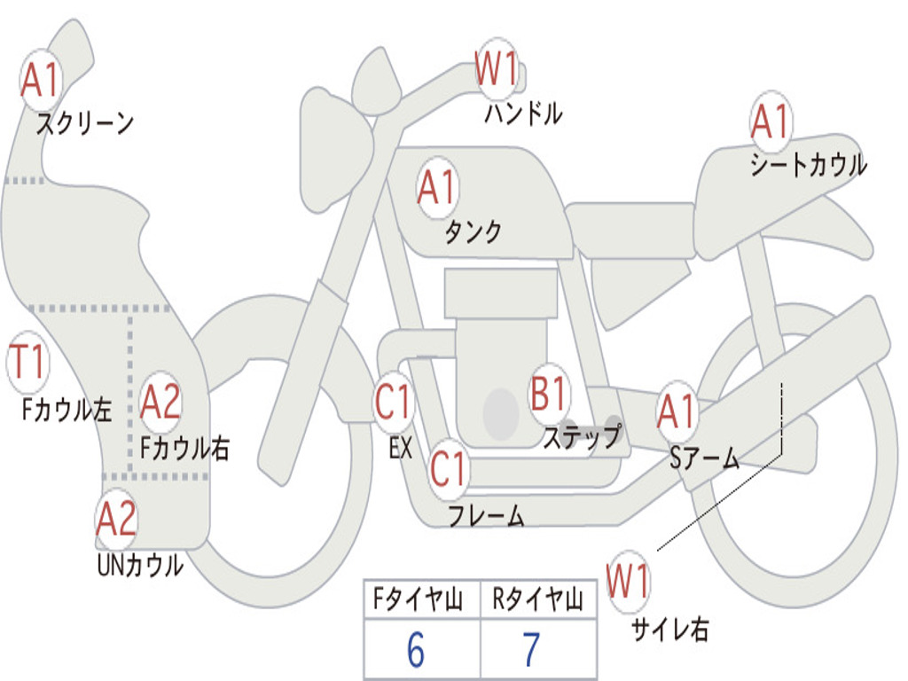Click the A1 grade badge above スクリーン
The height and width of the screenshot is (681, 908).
point(41,79)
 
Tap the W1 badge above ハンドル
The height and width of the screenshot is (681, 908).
point(497,68)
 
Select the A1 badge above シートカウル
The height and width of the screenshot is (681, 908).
point(771,121)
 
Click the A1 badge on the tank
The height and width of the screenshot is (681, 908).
point(438,187)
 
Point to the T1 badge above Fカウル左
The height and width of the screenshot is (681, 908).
point(27,362)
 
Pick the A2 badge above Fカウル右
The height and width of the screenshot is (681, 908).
point(160,402)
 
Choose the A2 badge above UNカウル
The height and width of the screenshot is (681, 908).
point(116,519)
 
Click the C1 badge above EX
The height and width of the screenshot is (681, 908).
point(393,401)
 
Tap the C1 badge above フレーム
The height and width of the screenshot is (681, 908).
point(448,468)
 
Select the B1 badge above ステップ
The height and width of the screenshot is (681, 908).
point(548,393)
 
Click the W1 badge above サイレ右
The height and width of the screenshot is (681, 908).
point(628,581)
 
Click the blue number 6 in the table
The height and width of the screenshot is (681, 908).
point(416,650)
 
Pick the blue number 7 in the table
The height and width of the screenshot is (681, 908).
point(532,650)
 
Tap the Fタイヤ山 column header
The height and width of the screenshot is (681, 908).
point(419,599)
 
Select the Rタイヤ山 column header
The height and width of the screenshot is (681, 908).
point(537,599)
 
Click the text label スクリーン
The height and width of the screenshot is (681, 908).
point(85,123)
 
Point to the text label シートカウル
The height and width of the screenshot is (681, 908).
point(809,164)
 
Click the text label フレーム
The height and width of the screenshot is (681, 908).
point(487,515)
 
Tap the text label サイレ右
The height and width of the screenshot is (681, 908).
point(670,630)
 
